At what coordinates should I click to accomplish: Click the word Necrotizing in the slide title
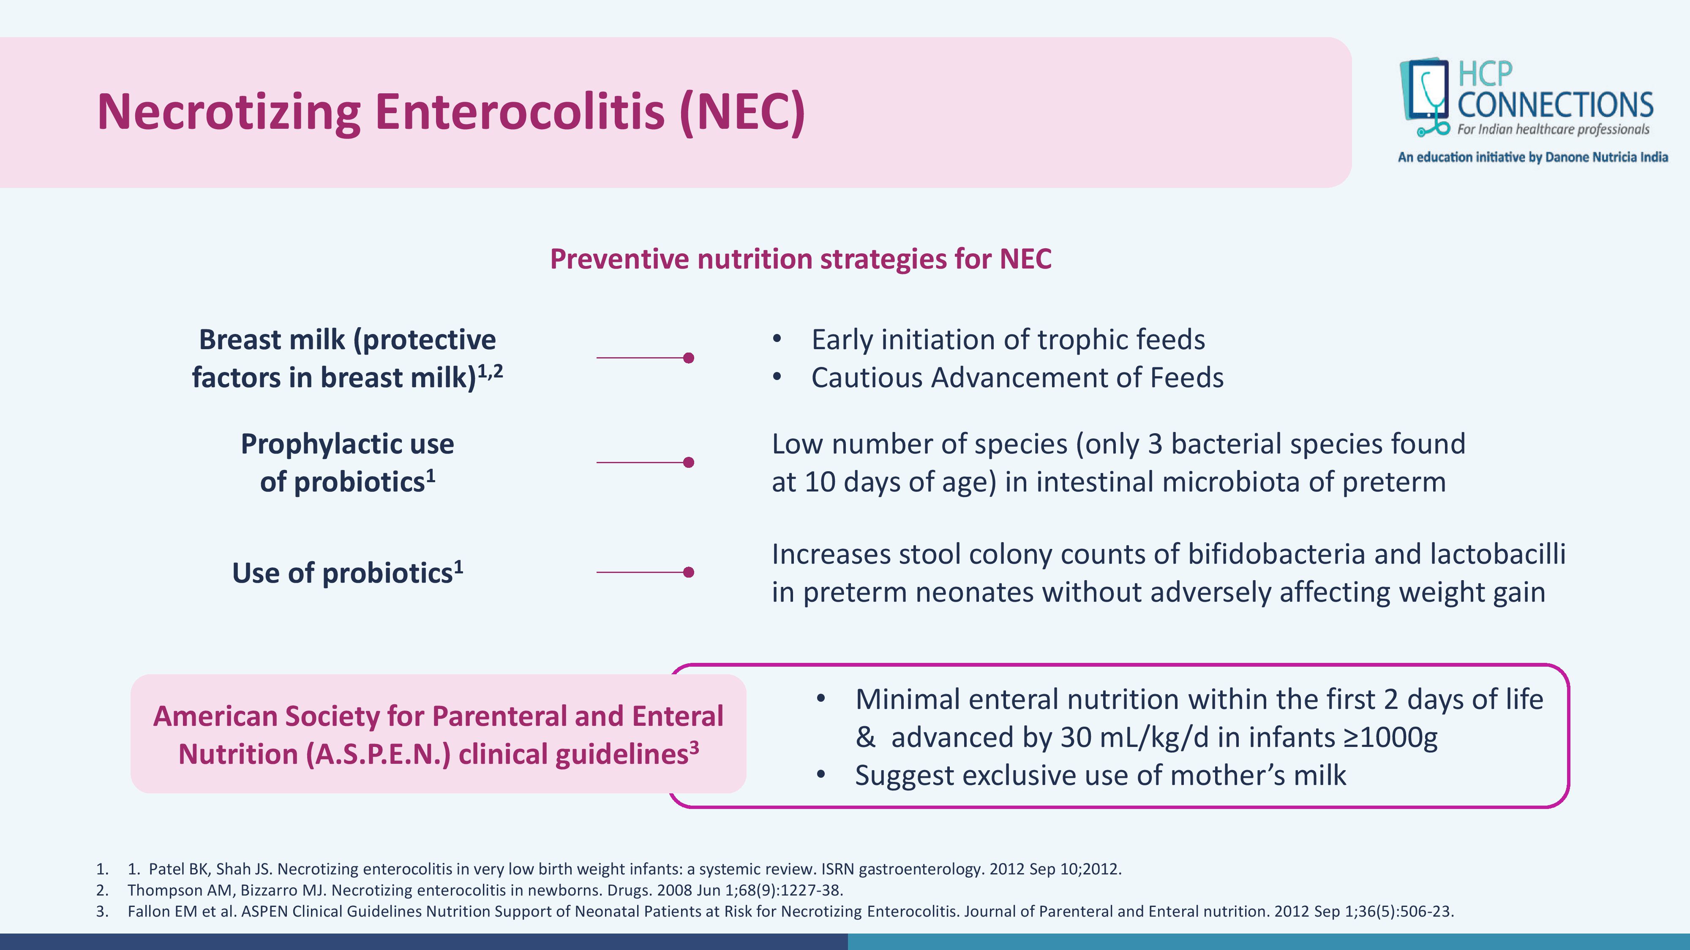pos(228,112)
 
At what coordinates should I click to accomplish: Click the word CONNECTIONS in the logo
pos(1555,105)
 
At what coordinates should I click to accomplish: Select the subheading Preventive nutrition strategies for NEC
pos(800,259)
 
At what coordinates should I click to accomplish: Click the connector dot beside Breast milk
pos(688,358)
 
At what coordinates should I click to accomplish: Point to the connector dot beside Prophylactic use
pos(688,462)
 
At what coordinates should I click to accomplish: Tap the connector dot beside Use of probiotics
pos(688,573)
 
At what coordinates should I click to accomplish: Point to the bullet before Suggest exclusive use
pos(821,775)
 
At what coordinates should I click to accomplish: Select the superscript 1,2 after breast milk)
pos(490,371)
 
